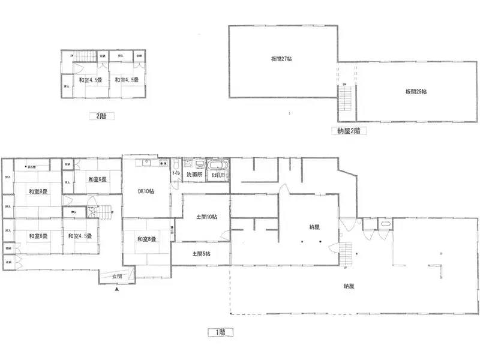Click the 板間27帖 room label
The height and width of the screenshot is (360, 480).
pos(280,59)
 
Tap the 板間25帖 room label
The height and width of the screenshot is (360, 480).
pos(415,92)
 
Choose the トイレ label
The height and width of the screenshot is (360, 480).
pos(176,174)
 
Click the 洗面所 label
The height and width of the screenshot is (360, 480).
pos(193,175)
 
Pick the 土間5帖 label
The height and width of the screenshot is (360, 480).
pos(201,254)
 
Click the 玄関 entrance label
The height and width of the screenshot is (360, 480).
pos(117,277)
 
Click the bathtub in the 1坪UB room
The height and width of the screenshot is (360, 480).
pos(217,164)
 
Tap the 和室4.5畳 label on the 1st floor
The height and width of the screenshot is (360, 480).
pos(79,236)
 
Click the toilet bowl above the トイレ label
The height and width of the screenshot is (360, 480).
pos(176,163)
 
